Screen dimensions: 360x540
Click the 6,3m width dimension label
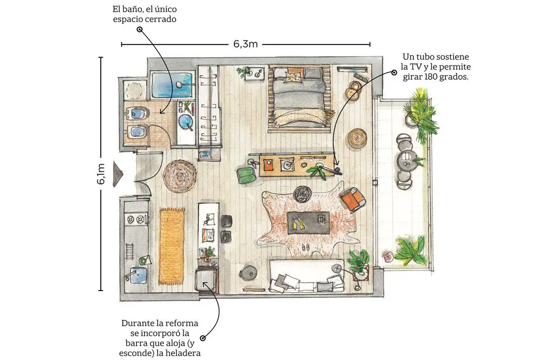[x=246, y=45]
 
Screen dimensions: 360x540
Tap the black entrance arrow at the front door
[x=118, y=174]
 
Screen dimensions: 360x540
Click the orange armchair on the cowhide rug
[x=352, y=198]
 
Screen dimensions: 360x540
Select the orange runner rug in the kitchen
[x=172, y=246]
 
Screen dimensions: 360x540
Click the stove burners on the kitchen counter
[x=135, y=219]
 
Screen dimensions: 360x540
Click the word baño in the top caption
[x=135, y=9]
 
